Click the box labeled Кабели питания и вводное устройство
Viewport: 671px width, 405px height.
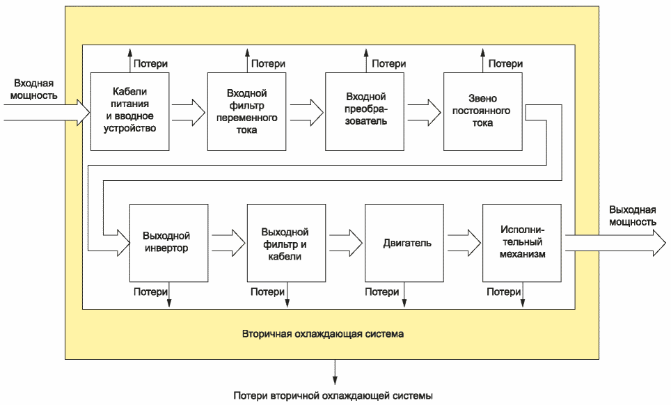[x=129, y=111]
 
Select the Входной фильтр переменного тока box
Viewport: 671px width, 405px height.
[x=246, y=111]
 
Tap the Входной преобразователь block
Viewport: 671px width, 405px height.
[x=365, y=111]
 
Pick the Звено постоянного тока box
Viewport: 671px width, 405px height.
[x=482, y=111]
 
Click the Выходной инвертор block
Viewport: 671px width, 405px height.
[x=169, y=243]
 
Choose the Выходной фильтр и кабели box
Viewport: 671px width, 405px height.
[x=286, y=243]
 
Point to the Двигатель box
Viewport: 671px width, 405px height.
[x=404, y=243]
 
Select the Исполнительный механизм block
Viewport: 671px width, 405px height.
[x=522, y=243]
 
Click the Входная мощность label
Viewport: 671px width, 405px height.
[x=34, y=89]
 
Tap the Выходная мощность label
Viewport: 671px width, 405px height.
[x=633, y=216]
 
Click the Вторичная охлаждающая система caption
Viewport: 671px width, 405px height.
[x=323, y=333]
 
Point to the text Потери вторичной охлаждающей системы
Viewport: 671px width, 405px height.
[x=333, y=395]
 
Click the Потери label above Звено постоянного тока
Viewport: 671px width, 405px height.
[x=505, y=64]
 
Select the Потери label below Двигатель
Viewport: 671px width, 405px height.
[x=381, y=292]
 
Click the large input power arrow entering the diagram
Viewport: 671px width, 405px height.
[x=47, y=113]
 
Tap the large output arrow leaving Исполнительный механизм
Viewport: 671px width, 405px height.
[x=615, y=243]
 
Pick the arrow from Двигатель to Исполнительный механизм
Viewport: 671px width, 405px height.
[x=464, y=243]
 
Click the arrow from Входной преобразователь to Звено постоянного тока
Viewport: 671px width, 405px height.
[x=424, y=111]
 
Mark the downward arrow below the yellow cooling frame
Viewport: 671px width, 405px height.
[x=335, y=372]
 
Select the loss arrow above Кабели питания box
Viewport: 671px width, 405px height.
[x=130, y=61]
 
